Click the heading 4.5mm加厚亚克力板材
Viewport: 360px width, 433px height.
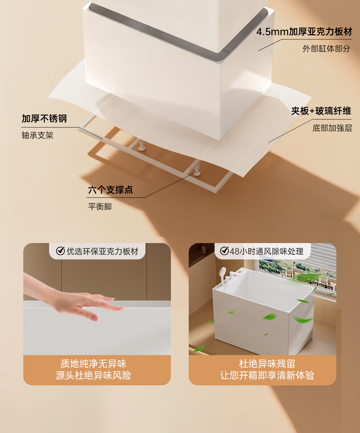pos(304,32)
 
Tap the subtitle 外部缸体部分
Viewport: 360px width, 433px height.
pos(326,49)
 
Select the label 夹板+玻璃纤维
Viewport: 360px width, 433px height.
pos(321,111)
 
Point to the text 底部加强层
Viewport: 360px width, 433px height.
pos(332,128)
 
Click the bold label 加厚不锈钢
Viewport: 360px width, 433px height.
pos(44,119)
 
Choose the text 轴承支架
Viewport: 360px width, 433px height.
pos(37,135)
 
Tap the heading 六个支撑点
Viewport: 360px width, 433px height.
pos(111,190)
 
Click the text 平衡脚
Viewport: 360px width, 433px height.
pos(100,207)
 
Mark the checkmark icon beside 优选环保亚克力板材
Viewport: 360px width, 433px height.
pos(60,251)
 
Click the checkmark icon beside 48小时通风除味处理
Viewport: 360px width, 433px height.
pos(224,251)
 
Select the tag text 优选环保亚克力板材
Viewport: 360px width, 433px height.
pos(103,251)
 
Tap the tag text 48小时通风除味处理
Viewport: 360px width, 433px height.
pos(267,251)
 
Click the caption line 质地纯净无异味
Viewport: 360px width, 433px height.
pos(93,364)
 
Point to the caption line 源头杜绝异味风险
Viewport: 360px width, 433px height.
pos(93,376)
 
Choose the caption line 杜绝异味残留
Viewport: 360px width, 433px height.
pos(267,364)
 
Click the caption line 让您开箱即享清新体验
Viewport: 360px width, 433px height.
pos(267,376)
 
